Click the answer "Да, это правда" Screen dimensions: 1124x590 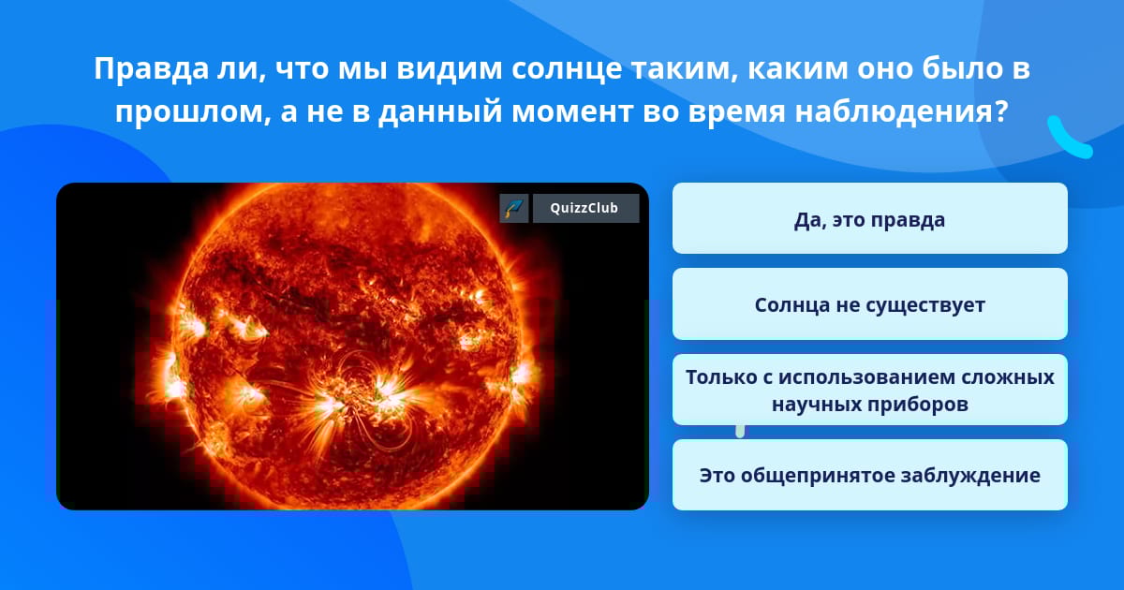pyautogui.click(x=869, y=219)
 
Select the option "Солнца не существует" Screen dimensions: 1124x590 pyautogui.click(x=869, y=304)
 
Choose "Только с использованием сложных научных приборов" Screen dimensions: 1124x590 pyautogui.click(x=869, y=390)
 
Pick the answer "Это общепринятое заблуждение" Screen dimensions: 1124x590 pyautogui.click(x=869, y=475)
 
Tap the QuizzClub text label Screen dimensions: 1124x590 pyautogui.click(x=584, y=208)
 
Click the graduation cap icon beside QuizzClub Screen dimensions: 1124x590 pyautogui.click(x=514, y=208)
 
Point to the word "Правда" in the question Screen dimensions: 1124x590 pyautogui.click(x=151, y=69)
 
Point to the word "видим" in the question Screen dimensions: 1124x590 pyautogui.click(x=449, y=69)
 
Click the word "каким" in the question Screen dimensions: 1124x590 pyautogui.click(x=798, y=69)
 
